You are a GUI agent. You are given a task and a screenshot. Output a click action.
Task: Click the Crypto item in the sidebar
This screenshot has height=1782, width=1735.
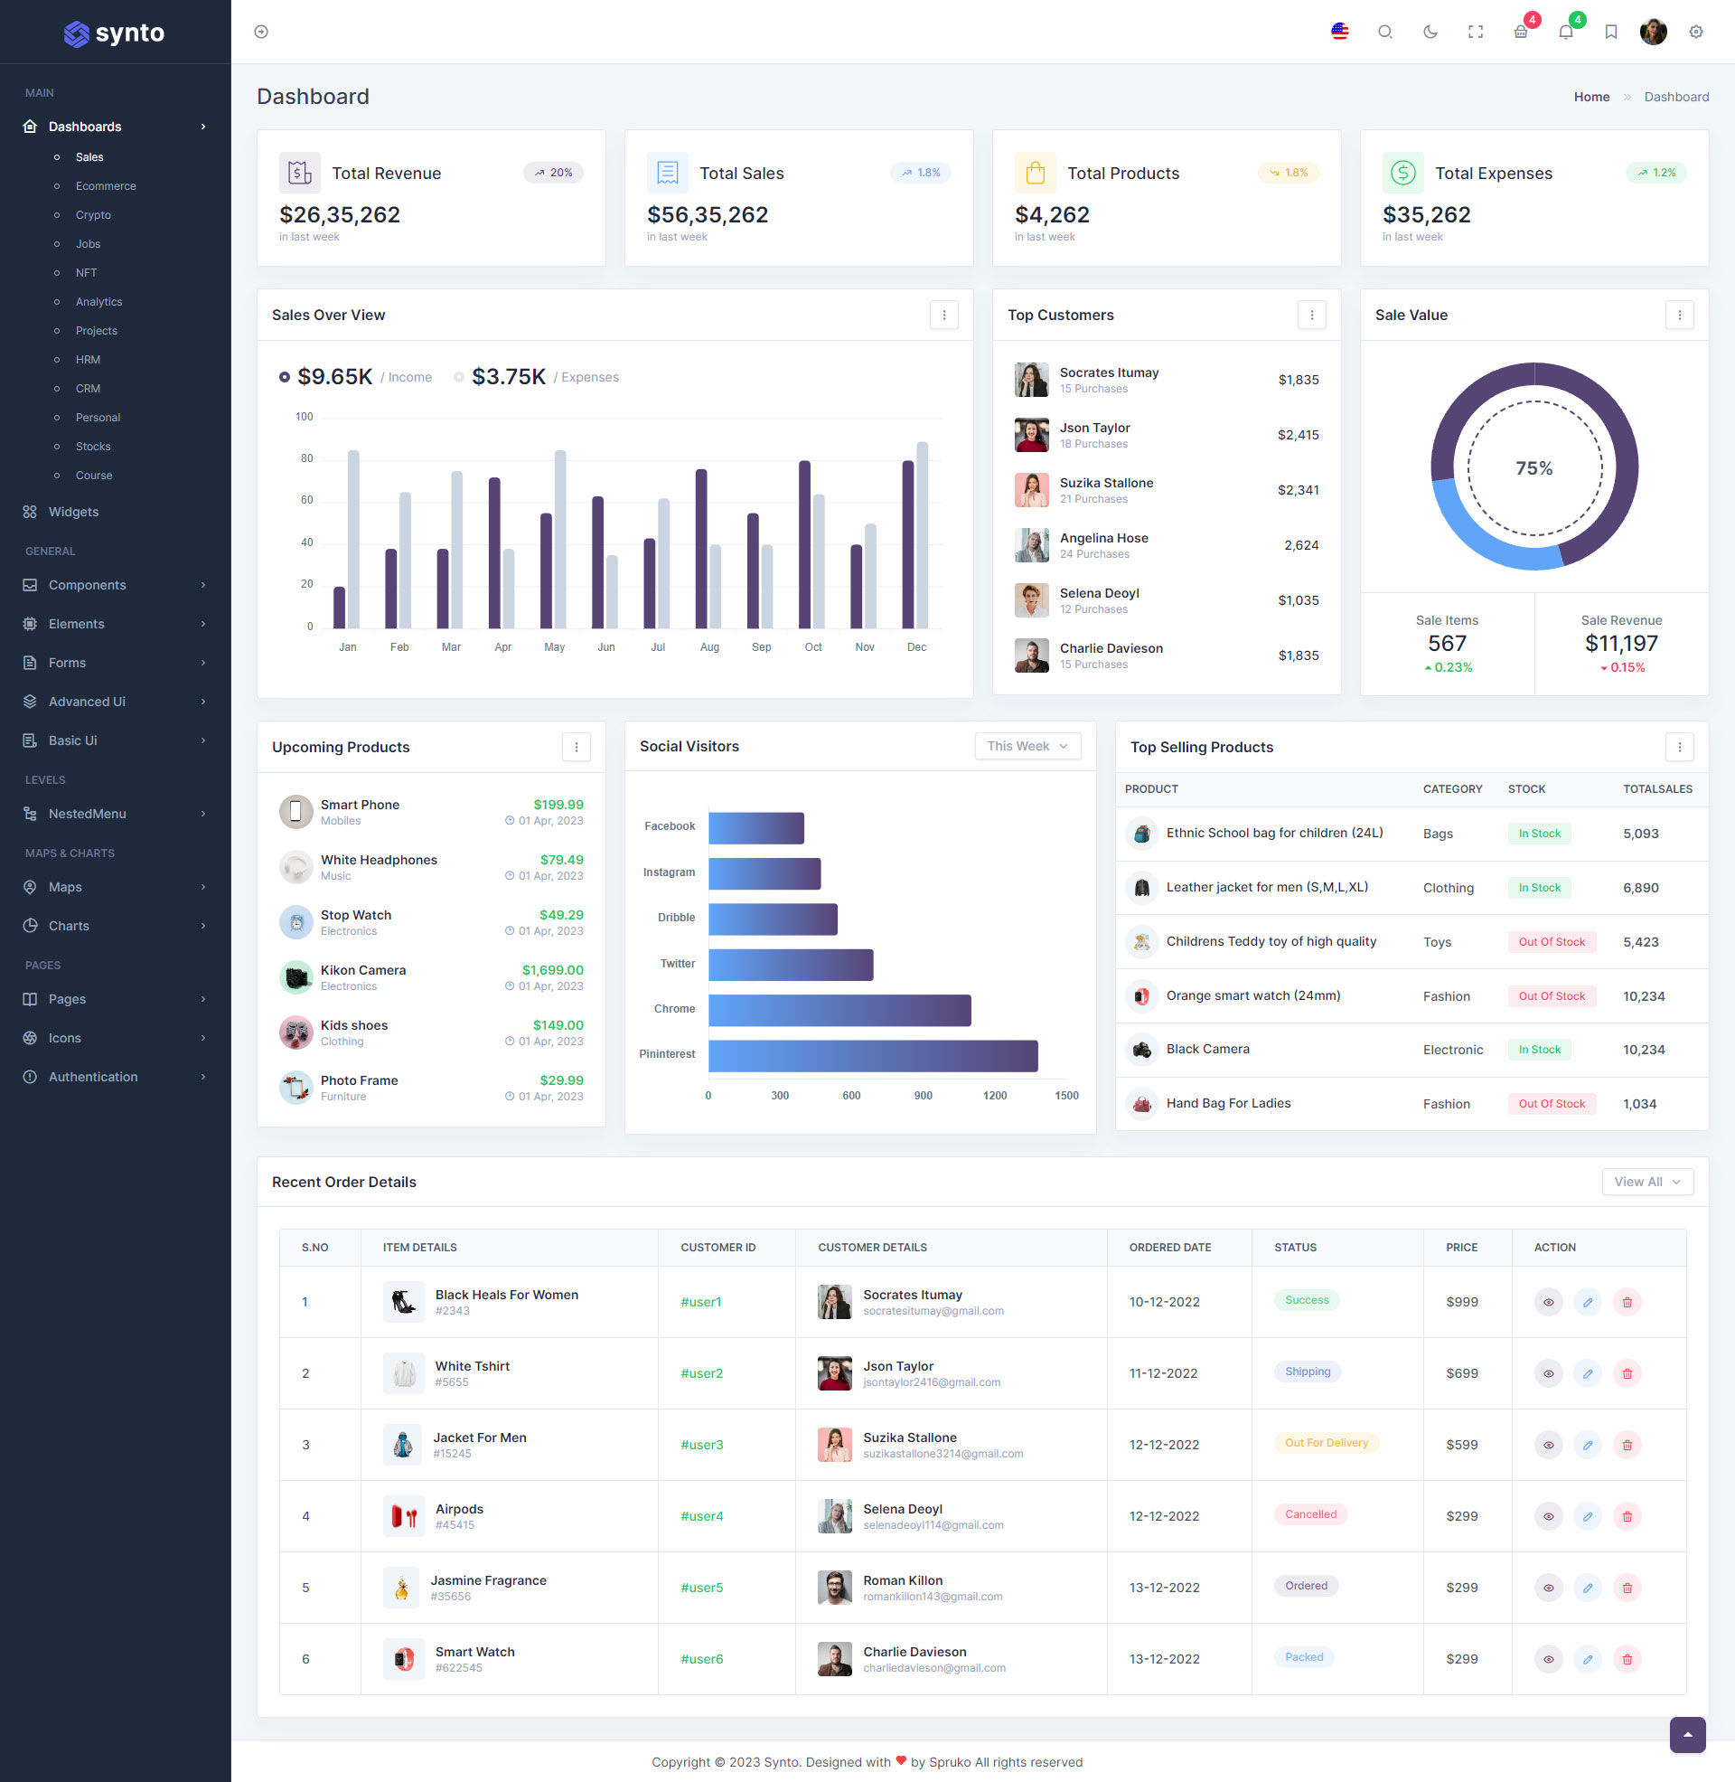click(93, 215)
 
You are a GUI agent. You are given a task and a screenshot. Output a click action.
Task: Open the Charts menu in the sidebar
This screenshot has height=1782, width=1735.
click(70, 926)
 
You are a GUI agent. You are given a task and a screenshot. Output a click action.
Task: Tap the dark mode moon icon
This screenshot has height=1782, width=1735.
click(1430, 32)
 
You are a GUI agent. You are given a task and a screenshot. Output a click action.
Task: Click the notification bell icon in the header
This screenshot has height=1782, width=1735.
click(1565, 33)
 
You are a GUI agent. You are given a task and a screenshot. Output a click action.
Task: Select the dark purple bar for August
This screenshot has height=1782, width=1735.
click(700, 549)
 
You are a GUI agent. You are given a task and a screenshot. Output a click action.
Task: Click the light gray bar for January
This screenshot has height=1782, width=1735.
click(353, 539)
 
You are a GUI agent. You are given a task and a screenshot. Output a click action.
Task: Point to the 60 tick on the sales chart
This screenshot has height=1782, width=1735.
click(307, 500)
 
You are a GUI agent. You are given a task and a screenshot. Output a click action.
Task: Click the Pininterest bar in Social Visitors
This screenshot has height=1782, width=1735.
click(872, 1055)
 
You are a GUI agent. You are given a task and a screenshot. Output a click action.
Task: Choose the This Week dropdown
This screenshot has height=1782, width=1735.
click(1027, 746)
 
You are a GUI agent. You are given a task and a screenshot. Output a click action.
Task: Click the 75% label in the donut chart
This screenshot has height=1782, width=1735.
click(1533, 468)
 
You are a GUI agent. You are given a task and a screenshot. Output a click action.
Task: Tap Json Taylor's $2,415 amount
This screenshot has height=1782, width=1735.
click(1298, 435)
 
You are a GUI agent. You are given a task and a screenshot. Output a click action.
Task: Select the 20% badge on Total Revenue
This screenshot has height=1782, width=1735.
click(553, 173)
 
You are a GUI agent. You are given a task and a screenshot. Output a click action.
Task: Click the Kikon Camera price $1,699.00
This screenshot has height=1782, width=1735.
click(552, 970)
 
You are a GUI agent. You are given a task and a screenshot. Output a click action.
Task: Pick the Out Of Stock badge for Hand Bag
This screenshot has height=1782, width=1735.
click(1551, 1104)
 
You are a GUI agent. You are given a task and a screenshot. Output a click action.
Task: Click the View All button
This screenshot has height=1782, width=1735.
click(1646, 1182)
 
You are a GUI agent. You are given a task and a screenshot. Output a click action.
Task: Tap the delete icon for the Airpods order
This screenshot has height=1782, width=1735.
click(1627, 1517)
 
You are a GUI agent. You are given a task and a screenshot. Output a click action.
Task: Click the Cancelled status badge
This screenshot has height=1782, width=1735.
click(1310, 1515)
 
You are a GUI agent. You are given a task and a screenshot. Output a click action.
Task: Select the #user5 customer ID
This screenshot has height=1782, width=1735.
click(701, 1588)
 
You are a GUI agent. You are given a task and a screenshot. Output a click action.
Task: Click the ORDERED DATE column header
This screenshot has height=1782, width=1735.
click(1170, 1248)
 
